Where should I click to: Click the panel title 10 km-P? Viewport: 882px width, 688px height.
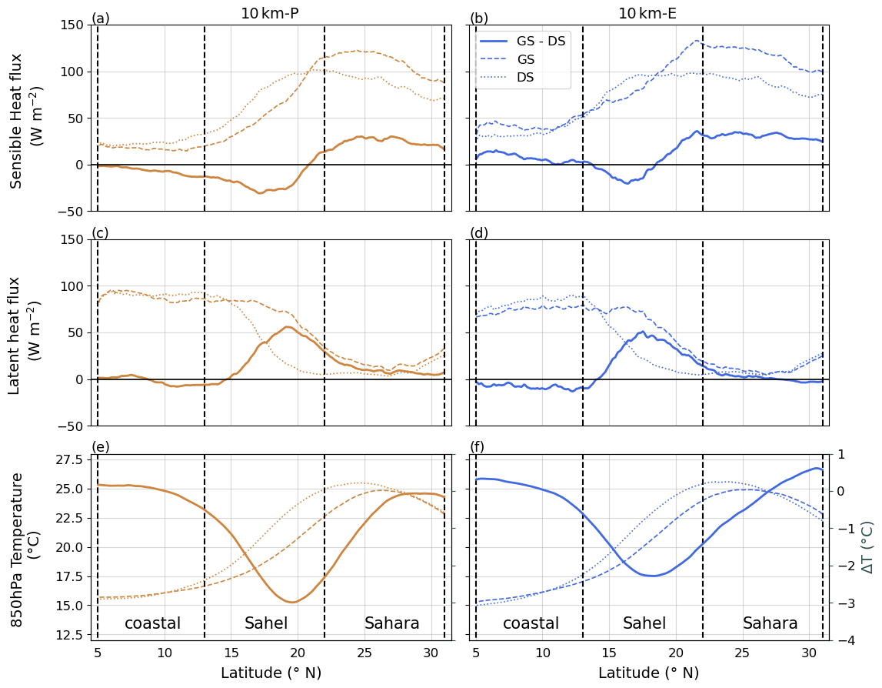click(x=269, y=13)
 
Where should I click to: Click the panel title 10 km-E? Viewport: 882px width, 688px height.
click(x=647, y=13)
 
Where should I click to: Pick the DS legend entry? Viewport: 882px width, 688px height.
click(x=526, y=77)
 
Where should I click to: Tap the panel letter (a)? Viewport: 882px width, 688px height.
click(x=101, y=18)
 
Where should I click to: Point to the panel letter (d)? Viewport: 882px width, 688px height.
click(x=479, y=232)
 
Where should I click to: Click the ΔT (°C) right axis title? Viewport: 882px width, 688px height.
click(x=867, y=547)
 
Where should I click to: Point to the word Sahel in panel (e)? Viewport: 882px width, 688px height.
click(x=266, y=623)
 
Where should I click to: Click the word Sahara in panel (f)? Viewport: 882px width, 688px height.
click(x=770, y=623)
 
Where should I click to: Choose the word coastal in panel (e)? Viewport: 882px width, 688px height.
click(x=153, y=623)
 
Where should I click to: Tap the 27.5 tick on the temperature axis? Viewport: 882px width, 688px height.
click(x=68, y=459)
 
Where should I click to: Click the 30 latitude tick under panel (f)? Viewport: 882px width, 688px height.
click(x=809, y=653)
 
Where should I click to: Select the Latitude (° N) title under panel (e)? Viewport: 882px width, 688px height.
click(x=271, y=673)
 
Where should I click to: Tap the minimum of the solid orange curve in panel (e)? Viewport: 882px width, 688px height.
click(x=291, y=602)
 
